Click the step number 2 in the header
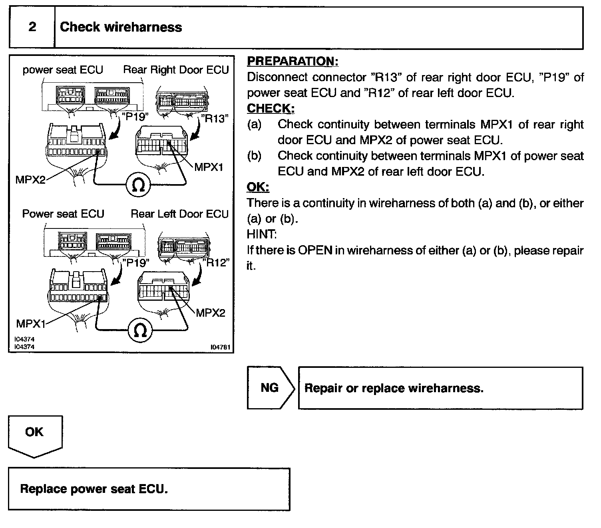coord(32,27)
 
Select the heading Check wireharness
coord(121,27)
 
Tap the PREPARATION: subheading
coord(293,61)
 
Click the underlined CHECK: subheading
coord(271,108)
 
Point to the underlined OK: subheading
coord(258,187)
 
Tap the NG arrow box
coord(271,388)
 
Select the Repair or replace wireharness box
coord(440,388)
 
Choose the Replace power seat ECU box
coord(149,489)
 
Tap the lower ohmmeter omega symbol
coord(140,330)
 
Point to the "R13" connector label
coord(215,119)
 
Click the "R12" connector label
coord(216,263)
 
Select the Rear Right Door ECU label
coord(176,69)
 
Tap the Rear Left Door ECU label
coord(180,214)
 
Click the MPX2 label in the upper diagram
coord(30,180)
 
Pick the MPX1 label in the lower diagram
coord(31,324)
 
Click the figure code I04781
coord(221,347)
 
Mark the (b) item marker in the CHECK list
coord(254,156)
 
